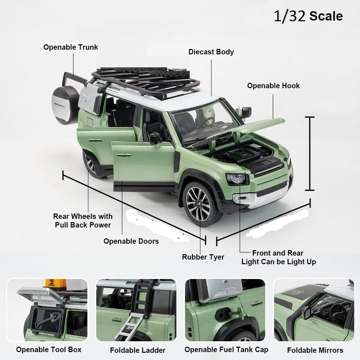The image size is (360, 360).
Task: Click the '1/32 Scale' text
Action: click(x=308, y=16)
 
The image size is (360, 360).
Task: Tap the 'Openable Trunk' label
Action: click(x=71, y=47)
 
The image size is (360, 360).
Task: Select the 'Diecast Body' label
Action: click(x=211, y=52)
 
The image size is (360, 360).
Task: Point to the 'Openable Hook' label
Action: click(x=273, y=86)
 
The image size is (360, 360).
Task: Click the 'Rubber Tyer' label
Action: click(x=203, y=257)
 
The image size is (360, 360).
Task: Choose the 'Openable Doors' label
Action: click(x=131, y=241)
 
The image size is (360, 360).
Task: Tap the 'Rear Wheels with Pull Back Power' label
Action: click(x=83, y=221)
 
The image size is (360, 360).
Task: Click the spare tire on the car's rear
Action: click(x=65, y=105)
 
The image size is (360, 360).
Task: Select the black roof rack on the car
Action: click(x=146, y=81)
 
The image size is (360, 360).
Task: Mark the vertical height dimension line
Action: click(x=310, y=153)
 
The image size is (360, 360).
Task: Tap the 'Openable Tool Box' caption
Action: click(x=49, y=350)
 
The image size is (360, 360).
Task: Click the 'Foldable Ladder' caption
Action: click(x=138, y=350)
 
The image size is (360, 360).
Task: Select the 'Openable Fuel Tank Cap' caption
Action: click(x=226, y=350)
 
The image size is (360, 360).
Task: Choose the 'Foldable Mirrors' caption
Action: click(x=315, y=350)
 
